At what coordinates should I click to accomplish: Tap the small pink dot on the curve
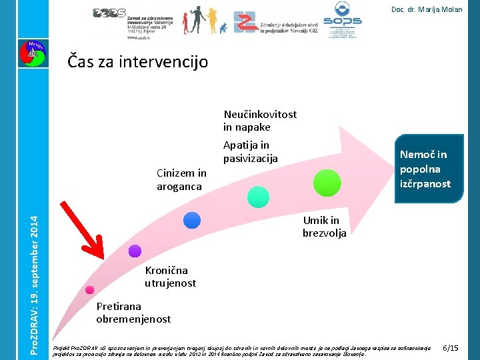pyautogui.click(x=89, y=290)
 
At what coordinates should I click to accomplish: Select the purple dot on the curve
pyautogui.click(x=135, y=251)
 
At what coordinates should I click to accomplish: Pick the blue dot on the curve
pyautogui.click(x=192, y=219)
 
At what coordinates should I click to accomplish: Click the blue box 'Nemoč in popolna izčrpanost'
pyautogui.click(x=424, y=169)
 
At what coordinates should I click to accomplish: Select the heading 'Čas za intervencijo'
pyautogui.click(x=138, y=62)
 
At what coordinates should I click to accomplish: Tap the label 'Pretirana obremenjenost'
pyautogui.click(x=133, y=313)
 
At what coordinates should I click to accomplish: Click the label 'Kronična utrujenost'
pyautogui.click(x=170, y=277)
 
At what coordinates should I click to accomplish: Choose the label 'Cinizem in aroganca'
pyautogui.click(x=181, y=180)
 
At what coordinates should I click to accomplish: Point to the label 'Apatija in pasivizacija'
pyautogui.click(x=250, y=152)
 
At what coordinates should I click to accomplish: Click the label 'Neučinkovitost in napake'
pyautogui.click(x=260, y=121)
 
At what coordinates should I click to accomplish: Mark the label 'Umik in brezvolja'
pyautogui.click(x=324, y=227)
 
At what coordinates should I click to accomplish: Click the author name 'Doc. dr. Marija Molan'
pyautogui.click(x=427, y=9)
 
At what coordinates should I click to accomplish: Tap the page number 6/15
pyautogui.click(x=451, y=348)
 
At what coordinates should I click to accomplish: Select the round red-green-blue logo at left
pyautogui.click(x=31, y=53)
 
